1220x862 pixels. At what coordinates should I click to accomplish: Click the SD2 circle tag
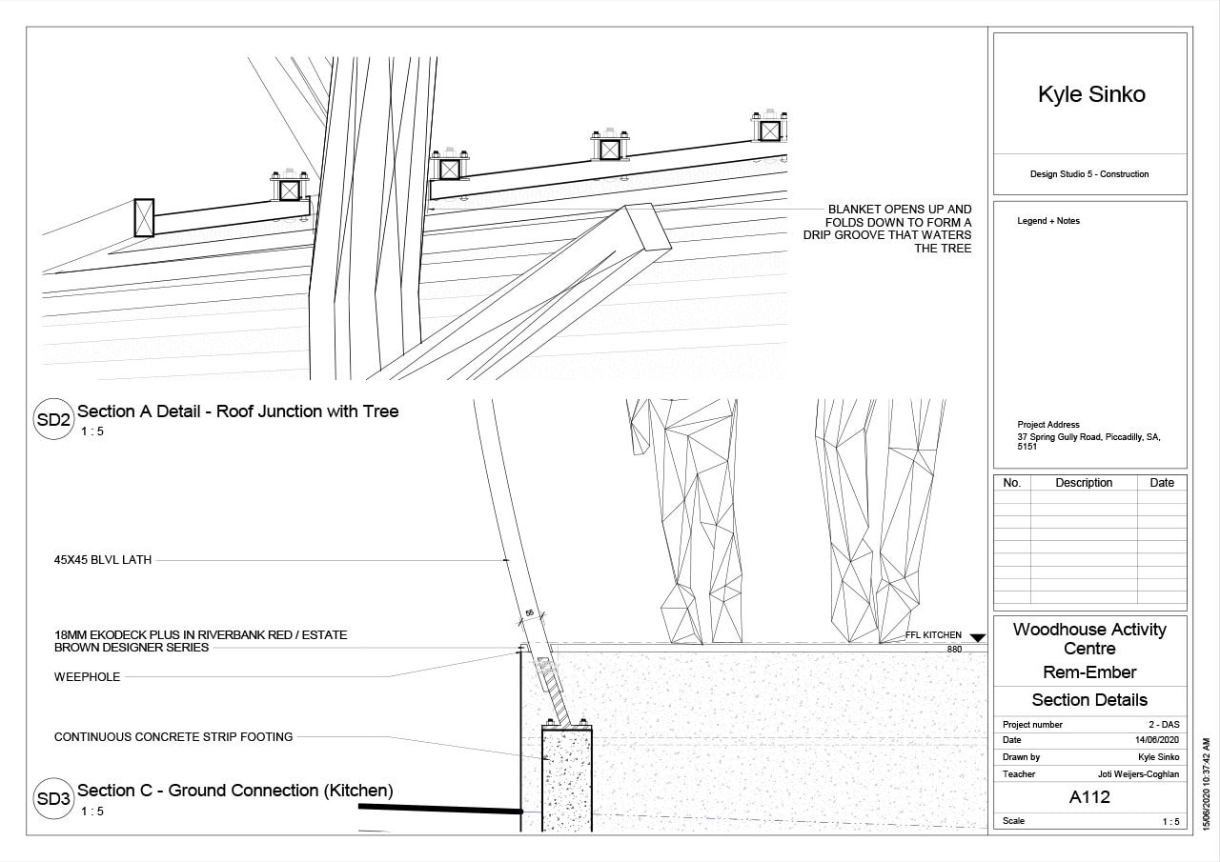(53, 420)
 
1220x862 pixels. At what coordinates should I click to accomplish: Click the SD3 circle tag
(53, 799)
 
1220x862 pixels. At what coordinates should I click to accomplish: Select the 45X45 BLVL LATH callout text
(103, 561)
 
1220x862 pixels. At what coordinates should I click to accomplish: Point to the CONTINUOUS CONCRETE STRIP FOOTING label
(173, 736)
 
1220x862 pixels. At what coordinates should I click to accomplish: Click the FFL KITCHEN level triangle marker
(976, 637)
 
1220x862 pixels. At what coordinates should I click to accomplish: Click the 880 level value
(954, 650)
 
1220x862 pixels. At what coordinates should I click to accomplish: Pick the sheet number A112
(1089, 797)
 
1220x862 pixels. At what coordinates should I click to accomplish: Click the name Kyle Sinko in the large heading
(1090, 94)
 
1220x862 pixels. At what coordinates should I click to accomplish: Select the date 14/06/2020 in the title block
(1157, 740)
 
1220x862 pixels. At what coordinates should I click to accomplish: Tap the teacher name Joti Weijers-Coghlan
(1138, 774)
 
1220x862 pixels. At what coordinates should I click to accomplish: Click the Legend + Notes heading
(1048, 221)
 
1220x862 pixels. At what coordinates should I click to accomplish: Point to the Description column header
(1084, 483)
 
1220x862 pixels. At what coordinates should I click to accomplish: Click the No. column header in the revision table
(1012, 483)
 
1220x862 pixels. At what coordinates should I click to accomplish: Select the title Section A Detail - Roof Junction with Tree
(237, 411)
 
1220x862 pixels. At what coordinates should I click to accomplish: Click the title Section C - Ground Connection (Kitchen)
(234, 791)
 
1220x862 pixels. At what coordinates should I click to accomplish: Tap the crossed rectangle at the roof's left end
(144, 218)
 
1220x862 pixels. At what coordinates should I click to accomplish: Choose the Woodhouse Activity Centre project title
(1088, 638)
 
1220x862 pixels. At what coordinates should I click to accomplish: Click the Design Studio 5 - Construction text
(1089, 174)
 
